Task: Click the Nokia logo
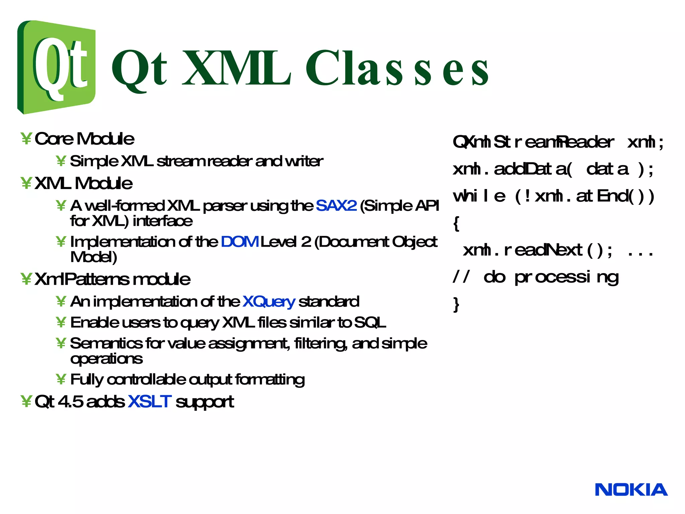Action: point(631,490)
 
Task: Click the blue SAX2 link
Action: point(336,205)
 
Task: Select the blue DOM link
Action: point(239,242)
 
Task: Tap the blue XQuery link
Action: point(269,302)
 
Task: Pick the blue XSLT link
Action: point(150,402)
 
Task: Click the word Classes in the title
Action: point(397,69)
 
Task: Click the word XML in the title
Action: point(236,69)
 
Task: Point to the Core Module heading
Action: point(84,139)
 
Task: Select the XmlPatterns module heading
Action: point(112,279)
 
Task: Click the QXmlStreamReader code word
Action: point(533,142)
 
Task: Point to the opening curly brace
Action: point(456,223)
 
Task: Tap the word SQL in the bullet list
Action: point(370,323)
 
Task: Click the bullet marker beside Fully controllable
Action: point(61,379)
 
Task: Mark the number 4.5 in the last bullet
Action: point(71,402)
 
